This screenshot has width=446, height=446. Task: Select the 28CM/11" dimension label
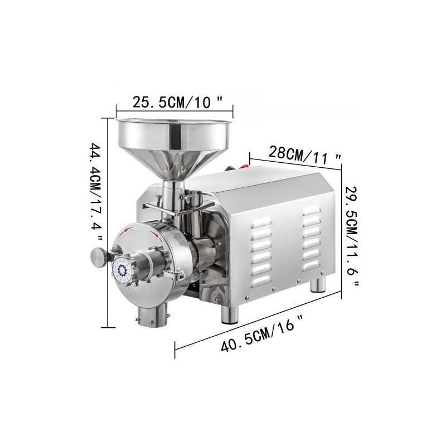(x=304, y=153)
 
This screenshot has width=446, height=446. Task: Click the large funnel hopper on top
(x=173, y=139)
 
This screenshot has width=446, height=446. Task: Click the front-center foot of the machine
(x=229, y=314)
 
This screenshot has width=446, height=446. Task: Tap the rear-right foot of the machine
(x=318, y=284)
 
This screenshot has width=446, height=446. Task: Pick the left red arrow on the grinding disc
(x=129, y=229)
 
